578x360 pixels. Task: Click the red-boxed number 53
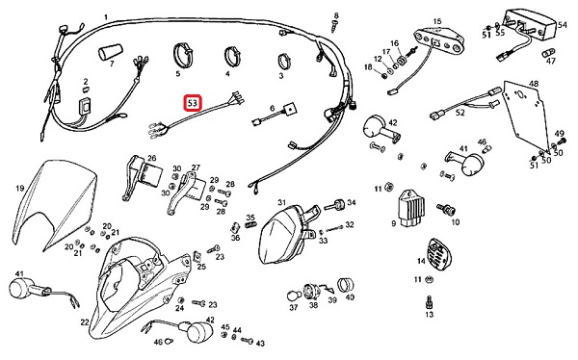click(x=193, y=103)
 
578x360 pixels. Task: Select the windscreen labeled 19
click(x=55, y=204)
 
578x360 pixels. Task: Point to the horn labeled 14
click(x=438, y=255)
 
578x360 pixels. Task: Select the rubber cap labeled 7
click(x=110, y=52)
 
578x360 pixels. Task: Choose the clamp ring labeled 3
click(x=284, y=61)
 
